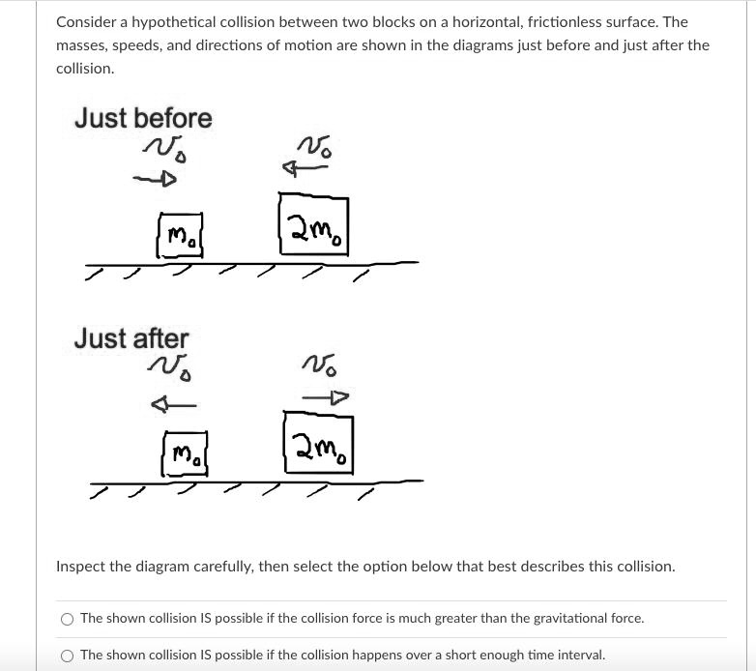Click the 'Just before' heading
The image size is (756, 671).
pyautogui.click(x=143, y=118)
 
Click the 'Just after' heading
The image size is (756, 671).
pyautogui.click(x=131, y=338)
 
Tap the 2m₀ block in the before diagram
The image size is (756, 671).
pyautogui.click(x=314, y=225)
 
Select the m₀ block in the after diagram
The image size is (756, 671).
pyautogui.click(x=186, y=453)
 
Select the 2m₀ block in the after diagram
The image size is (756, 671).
pyautogui.click(x=318, y=444)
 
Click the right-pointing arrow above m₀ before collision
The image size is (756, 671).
pyautogui.click(x=156, y=179)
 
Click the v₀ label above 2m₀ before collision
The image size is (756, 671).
pyautogui.click(x=315, y=144)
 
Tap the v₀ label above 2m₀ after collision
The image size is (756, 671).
pyautogui.click(x=319, y=365)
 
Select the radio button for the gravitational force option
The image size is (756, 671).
pyautogui.click(x=67, y=618)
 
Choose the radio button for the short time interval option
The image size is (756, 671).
pyautogui.click(x=67, y=655)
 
